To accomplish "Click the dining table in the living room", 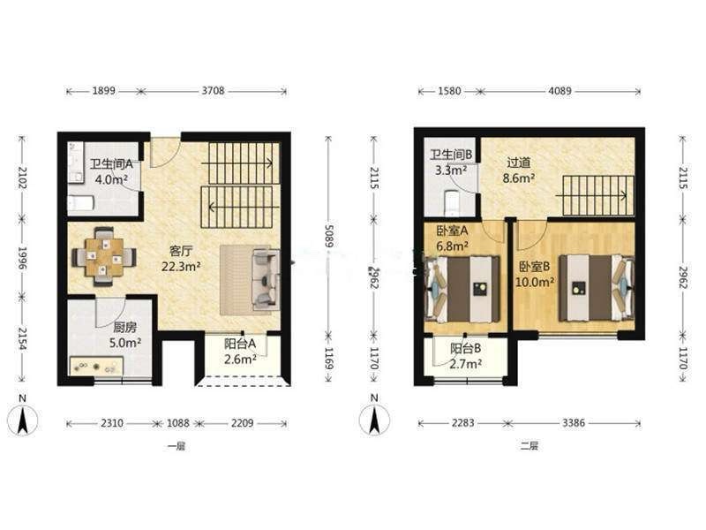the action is click(x=104, y=257).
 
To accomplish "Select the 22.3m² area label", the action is click(x=181, y=267).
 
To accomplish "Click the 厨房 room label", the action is click(x=124, y=327).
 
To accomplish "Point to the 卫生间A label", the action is click(x=111, y=164).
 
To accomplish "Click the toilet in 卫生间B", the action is click(x=452, y=203).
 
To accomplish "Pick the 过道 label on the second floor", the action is click(x=519, y=163).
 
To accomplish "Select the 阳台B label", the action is click(x=466, y=348).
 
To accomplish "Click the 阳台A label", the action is click(x=240, y=344).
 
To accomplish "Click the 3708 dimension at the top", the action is click(x=213, y=91).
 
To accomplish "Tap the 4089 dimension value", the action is click(x=560, y=91).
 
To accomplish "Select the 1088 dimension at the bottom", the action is click(x=178, y=423).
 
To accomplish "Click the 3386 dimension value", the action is click(x=573, y=423).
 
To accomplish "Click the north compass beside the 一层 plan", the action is click(x=23, y=419).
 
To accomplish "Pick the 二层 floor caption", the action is click(x=529, y=446).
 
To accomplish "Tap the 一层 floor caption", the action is click(x=176, y=447).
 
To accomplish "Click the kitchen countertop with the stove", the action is click(x=97, y=366).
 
